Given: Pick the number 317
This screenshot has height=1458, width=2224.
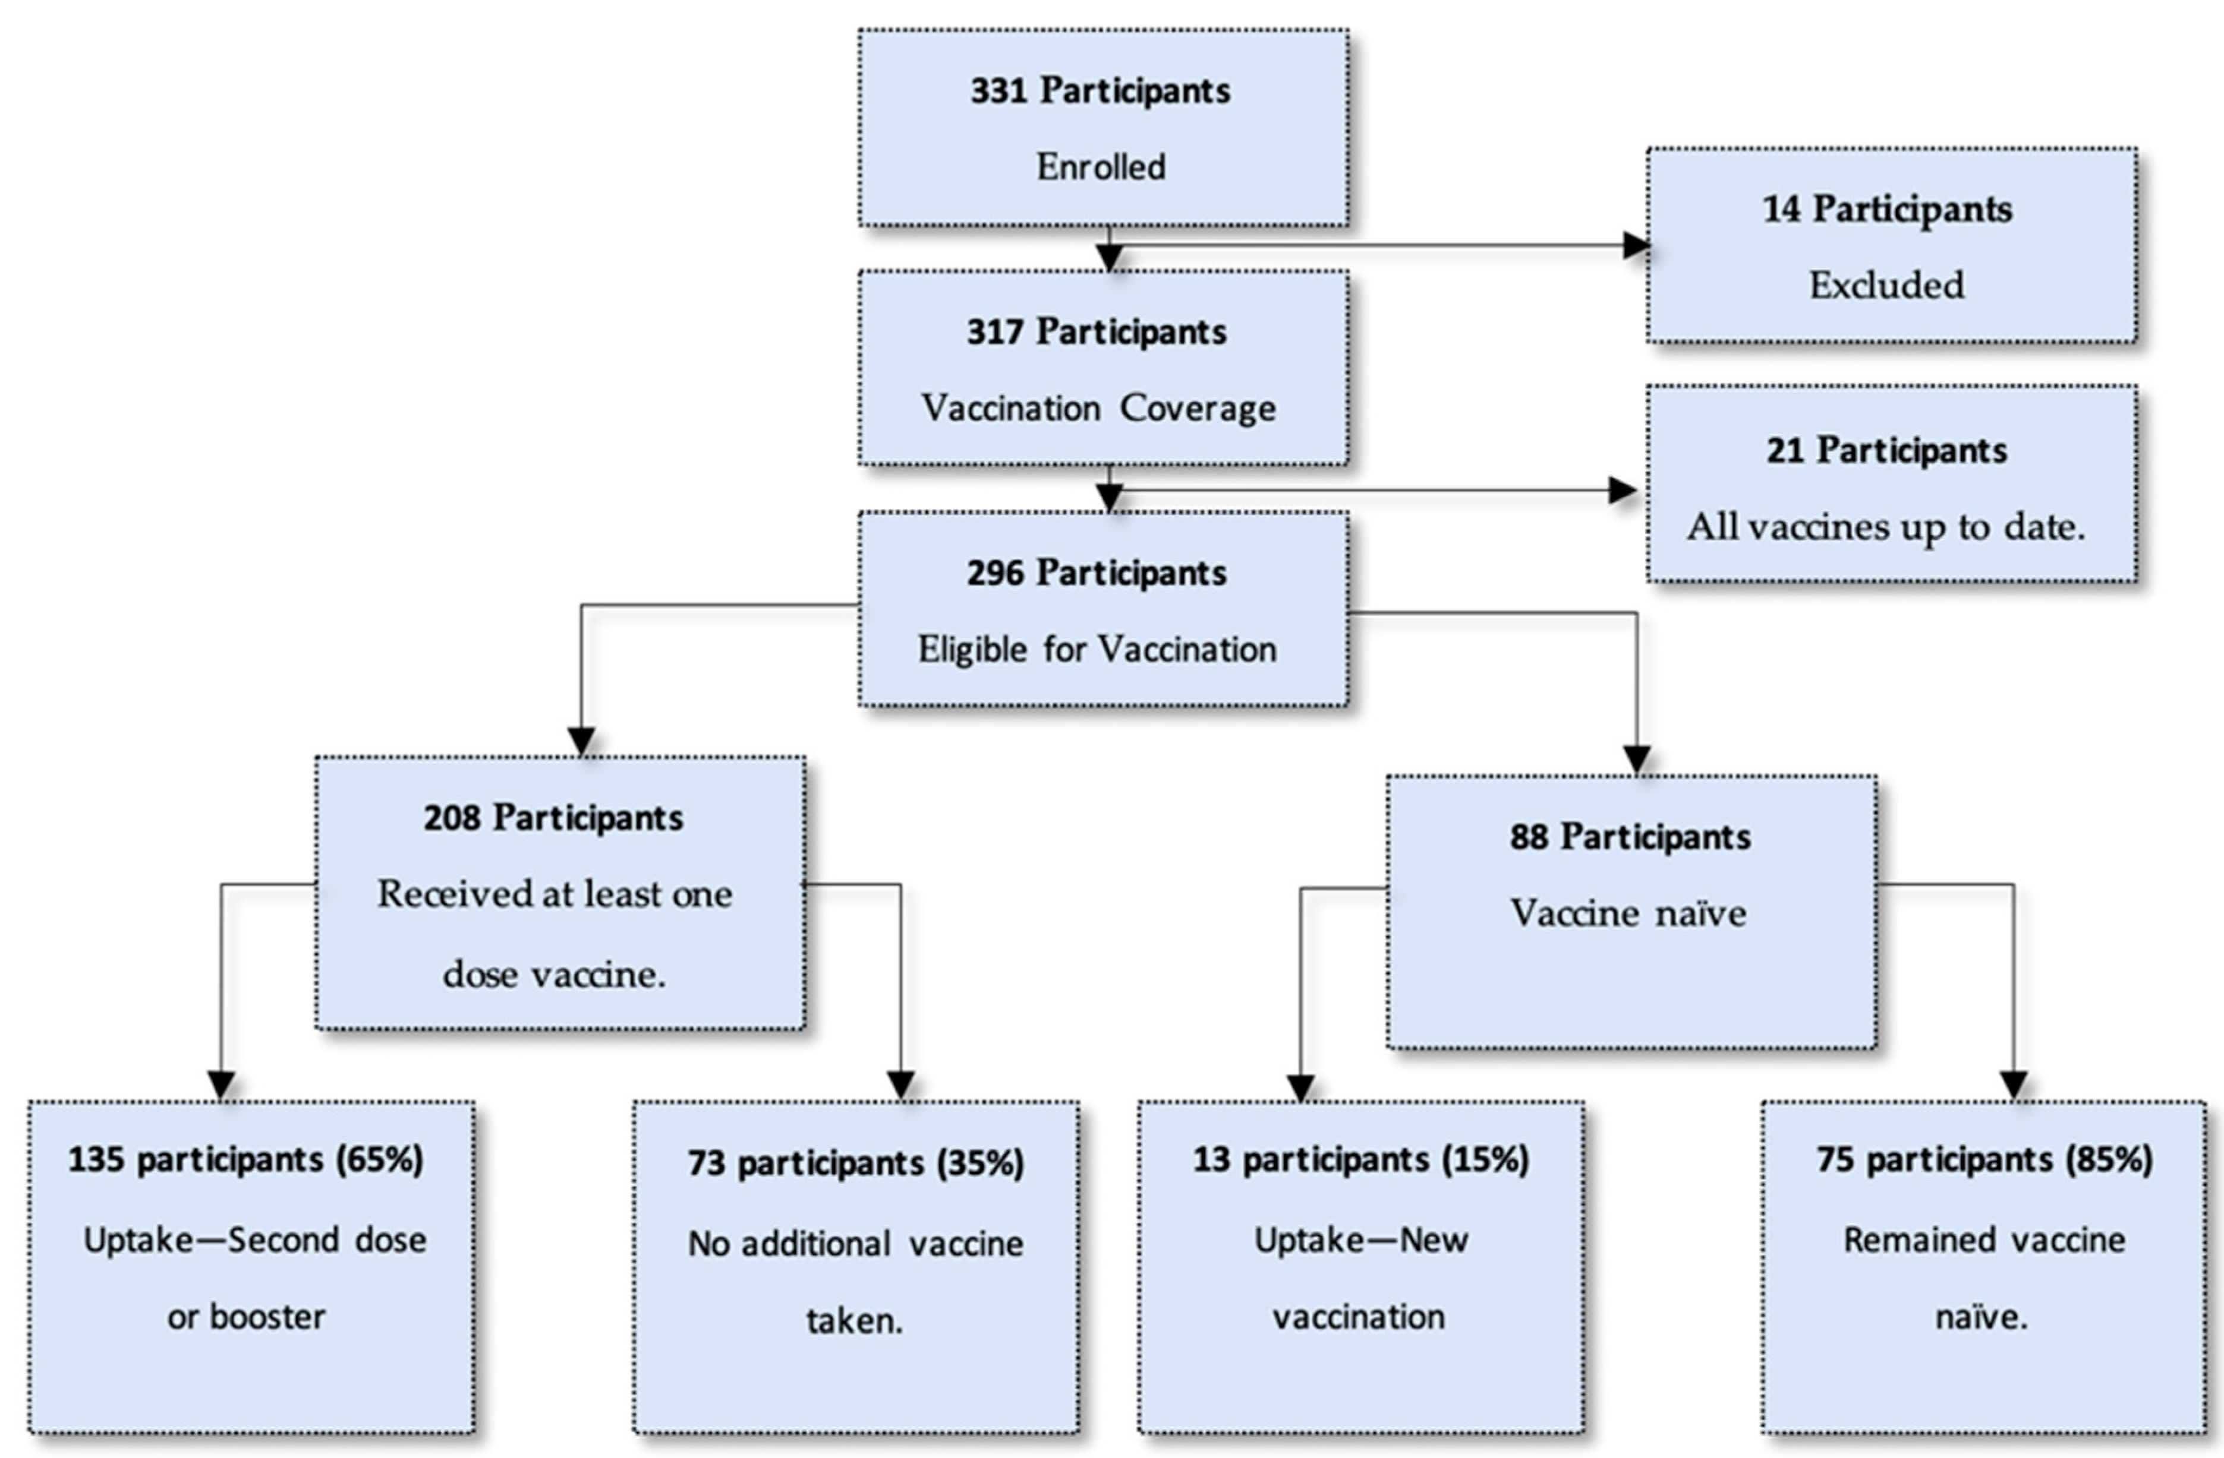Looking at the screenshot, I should click(x=994, y=331).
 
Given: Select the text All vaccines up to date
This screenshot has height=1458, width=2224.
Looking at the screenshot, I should click(x=1886, y=527).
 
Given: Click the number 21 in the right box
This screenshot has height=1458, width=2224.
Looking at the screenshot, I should click(x=1784, y=450).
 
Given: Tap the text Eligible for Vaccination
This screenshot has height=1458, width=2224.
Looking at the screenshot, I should click(x=1097, y=649).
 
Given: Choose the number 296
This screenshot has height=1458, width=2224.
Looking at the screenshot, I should click(x=994, y=573).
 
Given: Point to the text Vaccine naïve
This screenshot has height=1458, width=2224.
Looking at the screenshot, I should click(x=1628, y=913).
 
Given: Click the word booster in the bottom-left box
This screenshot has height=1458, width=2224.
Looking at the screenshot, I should click(x=267, y=1317).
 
